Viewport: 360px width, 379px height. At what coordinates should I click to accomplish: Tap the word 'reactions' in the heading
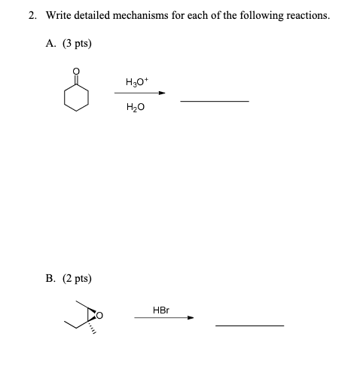click(x=305, y=15)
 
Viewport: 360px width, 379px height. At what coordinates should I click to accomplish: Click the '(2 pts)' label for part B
click(x=77, y=278)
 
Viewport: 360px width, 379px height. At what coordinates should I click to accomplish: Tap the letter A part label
click(x=51, y=44)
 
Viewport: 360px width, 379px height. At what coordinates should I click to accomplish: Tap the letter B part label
click(x=51, y=278)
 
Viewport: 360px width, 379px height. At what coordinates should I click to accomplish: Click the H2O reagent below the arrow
click(x=137, y=108)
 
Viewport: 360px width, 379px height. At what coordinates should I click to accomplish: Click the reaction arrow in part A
click(x=139, y=94)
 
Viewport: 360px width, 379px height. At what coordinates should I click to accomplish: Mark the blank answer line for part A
click(x=215, y=101)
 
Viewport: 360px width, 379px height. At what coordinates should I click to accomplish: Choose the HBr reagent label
click(x=160, y=309)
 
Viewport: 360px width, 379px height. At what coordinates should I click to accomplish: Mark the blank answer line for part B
click(x=249, y=326)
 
